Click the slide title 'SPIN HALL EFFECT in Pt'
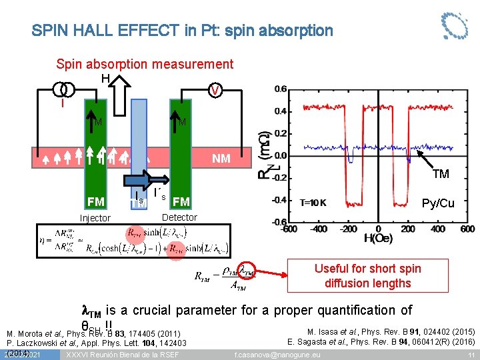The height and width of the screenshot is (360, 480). [181, 31]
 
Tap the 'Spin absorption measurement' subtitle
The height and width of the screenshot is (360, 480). [145, 64]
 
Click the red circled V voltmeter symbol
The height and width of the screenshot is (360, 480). [215, 91]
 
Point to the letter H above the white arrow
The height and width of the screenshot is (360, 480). [105, 79]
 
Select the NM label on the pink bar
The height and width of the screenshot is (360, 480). [221, 159]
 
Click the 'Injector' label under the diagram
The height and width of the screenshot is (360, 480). [95, 218]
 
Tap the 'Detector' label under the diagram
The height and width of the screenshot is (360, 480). [179, 217]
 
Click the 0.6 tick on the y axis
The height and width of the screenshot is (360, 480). [281, 89]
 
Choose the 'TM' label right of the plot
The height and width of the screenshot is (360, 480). [441, 175]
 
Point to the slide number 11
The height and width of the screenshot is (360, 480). [471, 354]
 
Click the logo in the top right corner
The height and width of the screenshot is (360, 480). [455, 25]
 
